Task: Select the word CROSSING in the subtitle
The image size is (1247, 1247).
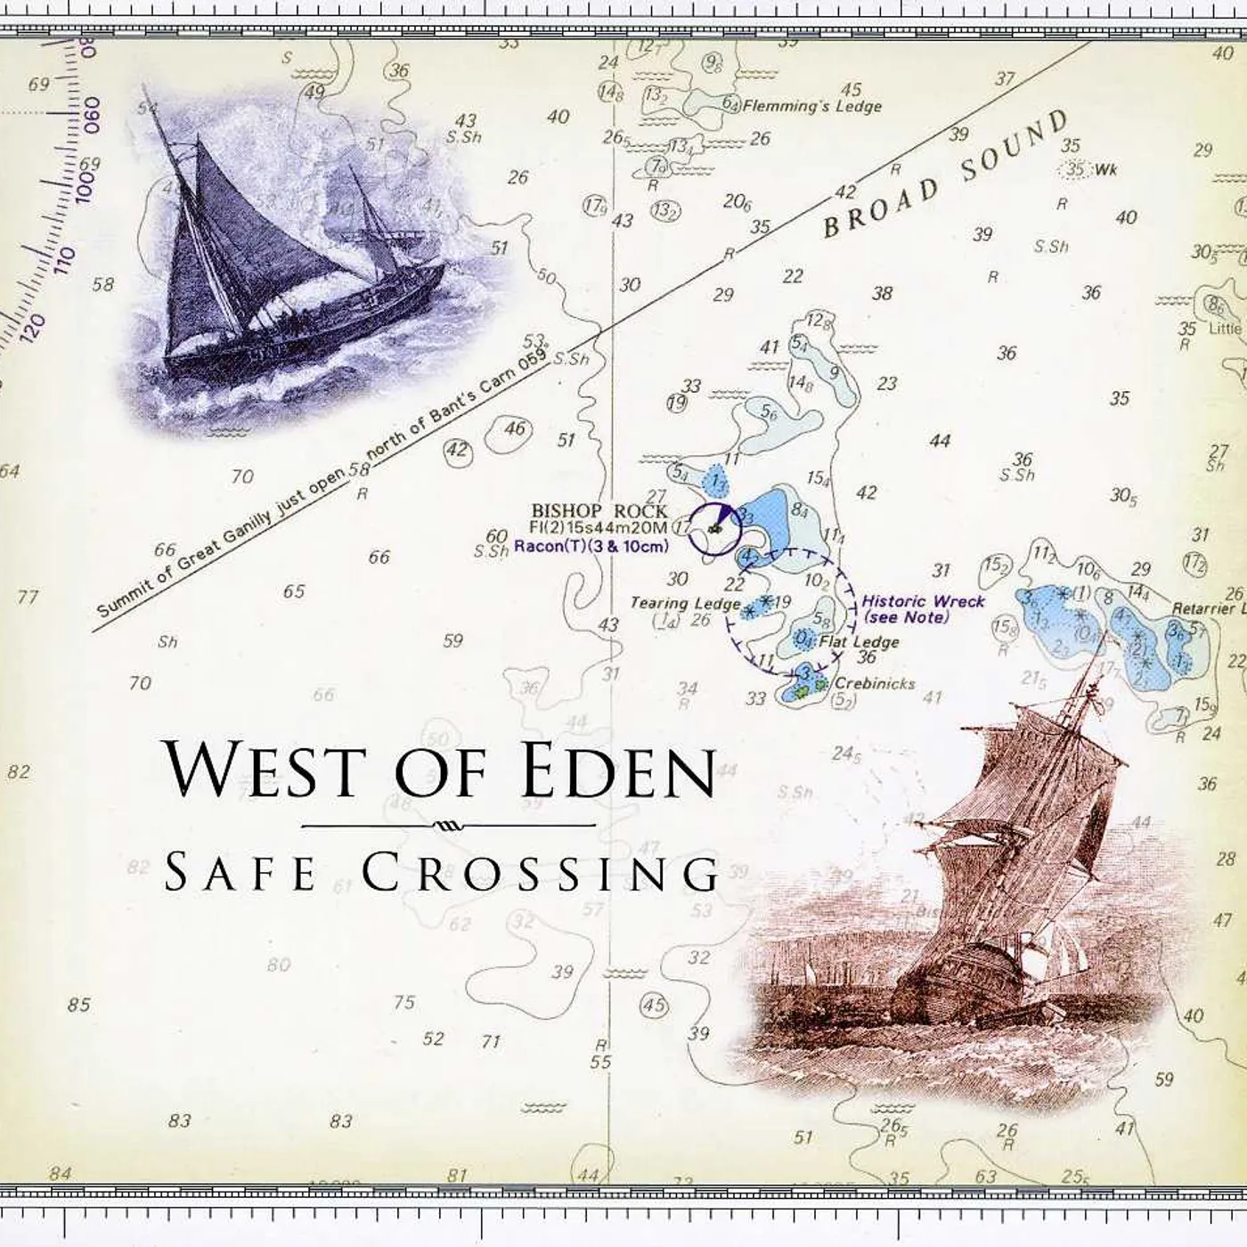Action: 541,872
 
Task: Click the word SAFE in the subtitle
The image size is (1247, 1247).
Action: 240,872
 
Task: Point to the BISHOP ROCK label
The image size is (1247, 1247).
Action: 599,510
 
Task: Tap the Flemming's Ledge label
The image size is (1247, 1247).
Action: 811,106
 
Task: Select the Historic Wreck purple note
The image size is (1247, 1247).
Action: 923,608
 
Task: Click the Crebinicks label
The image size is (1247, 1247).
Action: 875,684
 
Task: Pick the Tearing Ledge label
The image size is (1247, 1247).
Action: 685,603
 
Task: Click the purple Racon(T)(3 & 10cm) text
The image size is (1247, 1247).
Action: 590,546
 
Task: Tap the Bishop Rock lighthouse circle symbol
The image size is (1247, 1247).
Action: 714,528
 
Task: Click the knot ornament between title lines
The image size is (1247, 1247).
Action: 448,826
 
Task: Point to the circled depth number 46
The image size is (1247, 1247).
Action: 515,429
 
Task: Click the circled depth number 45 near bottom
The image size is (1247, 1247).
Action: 654,1006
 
